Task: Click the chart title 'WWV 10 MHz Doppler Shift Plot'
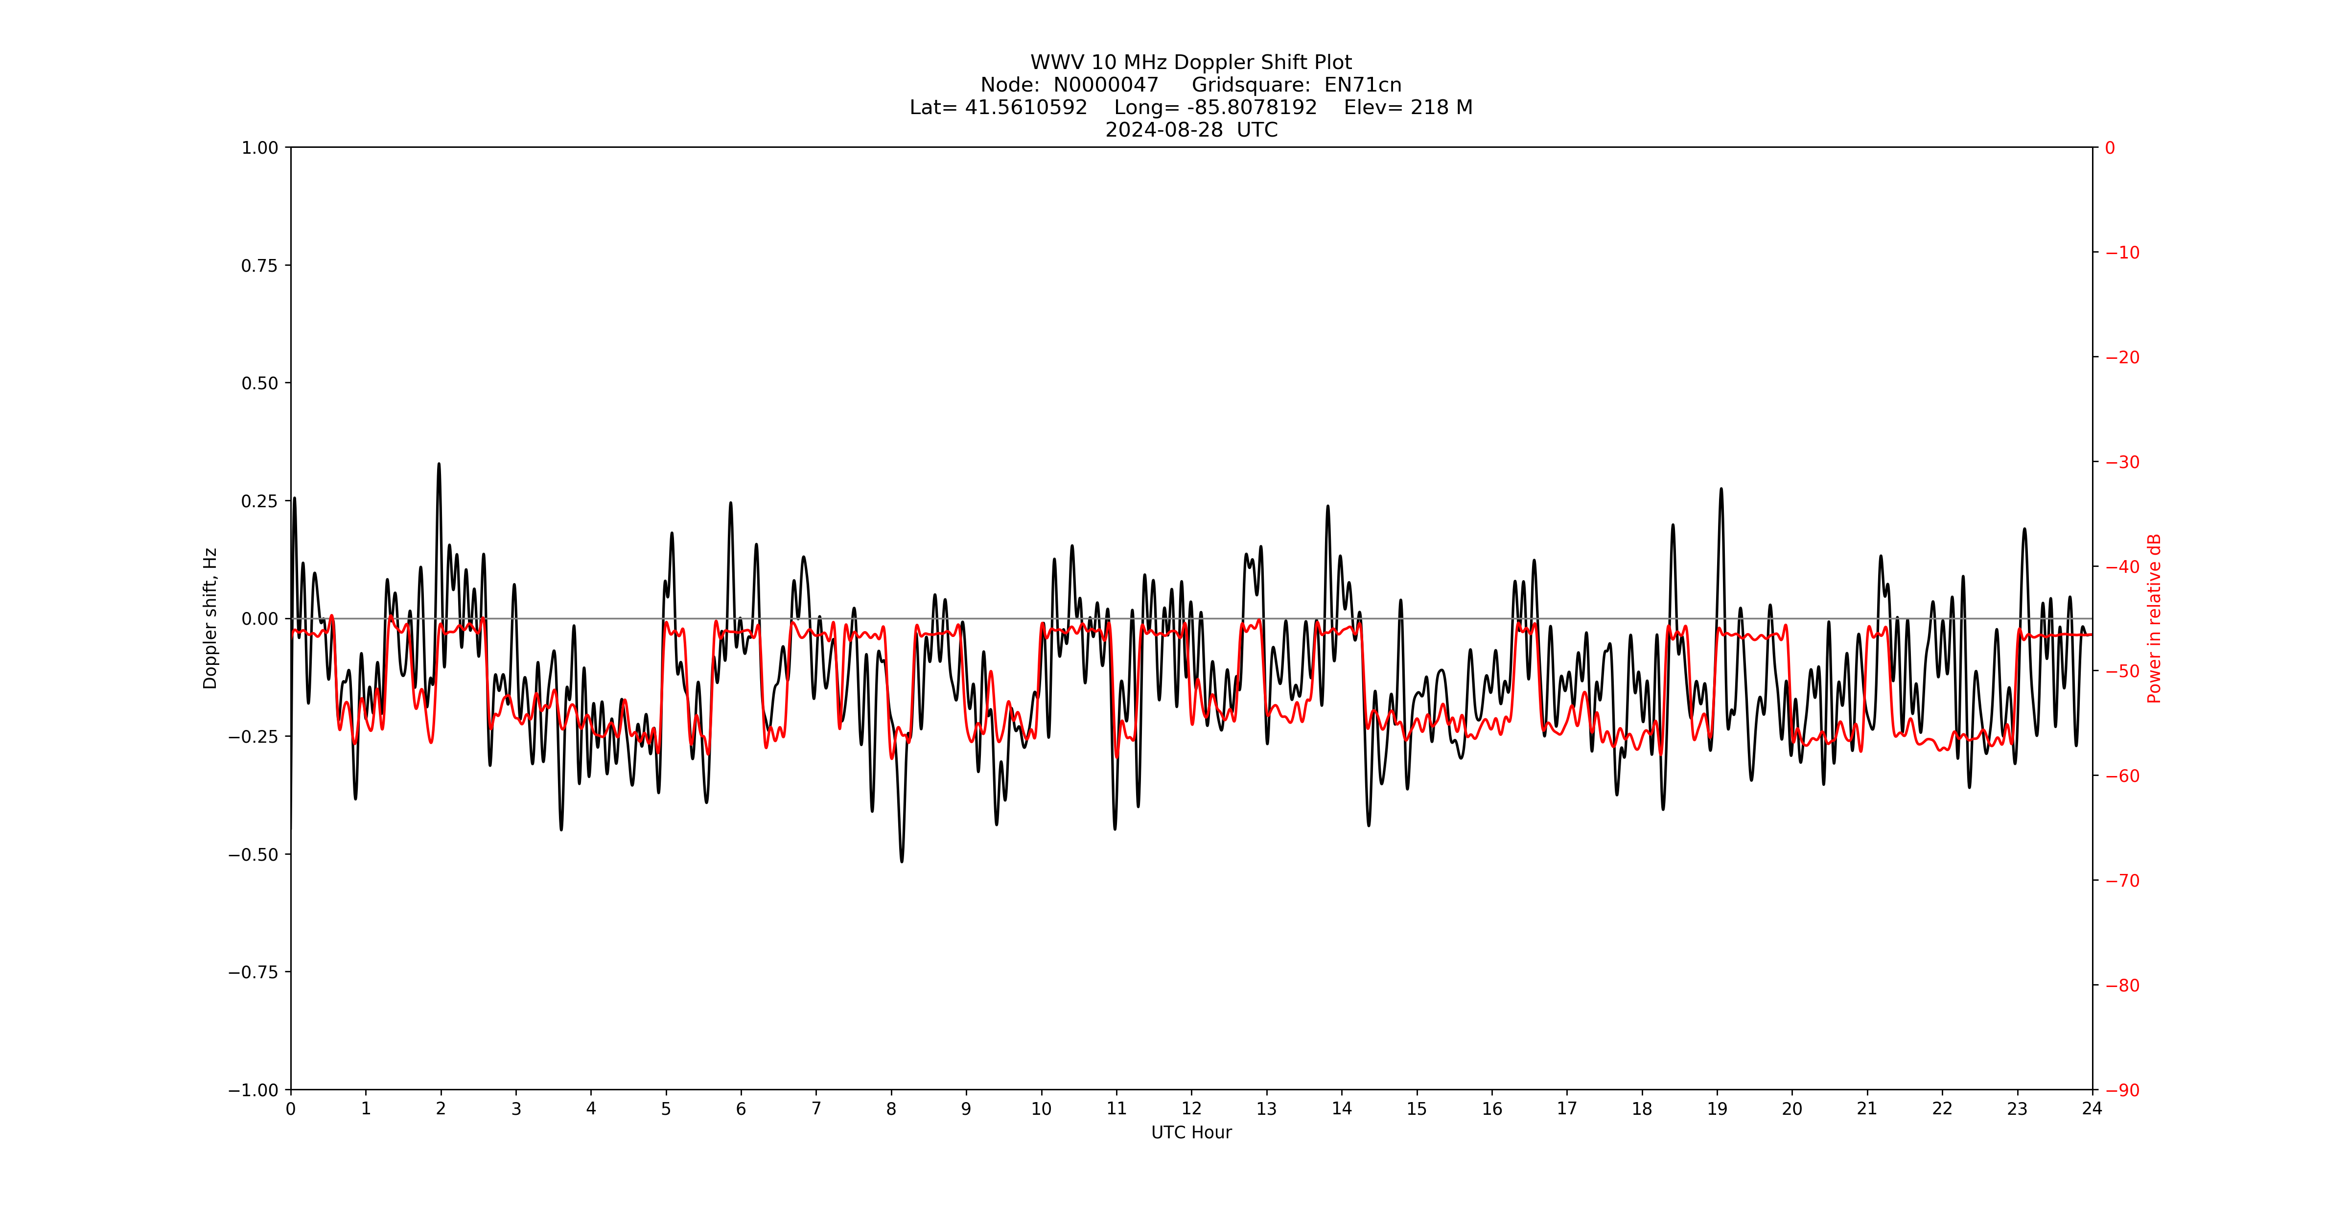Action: [1190, 62]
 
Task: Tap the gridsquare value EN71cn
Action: [1363, 85]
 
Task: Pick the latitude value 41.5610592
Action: [1026, 107]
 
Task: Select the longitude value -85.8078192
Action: [1252, 107]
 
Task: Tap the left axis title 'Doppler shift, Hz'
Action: [210, 618]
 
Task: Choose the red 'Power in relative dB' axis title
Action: [2154, 618]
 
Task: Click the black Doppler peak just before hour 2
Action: [439, 465]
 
